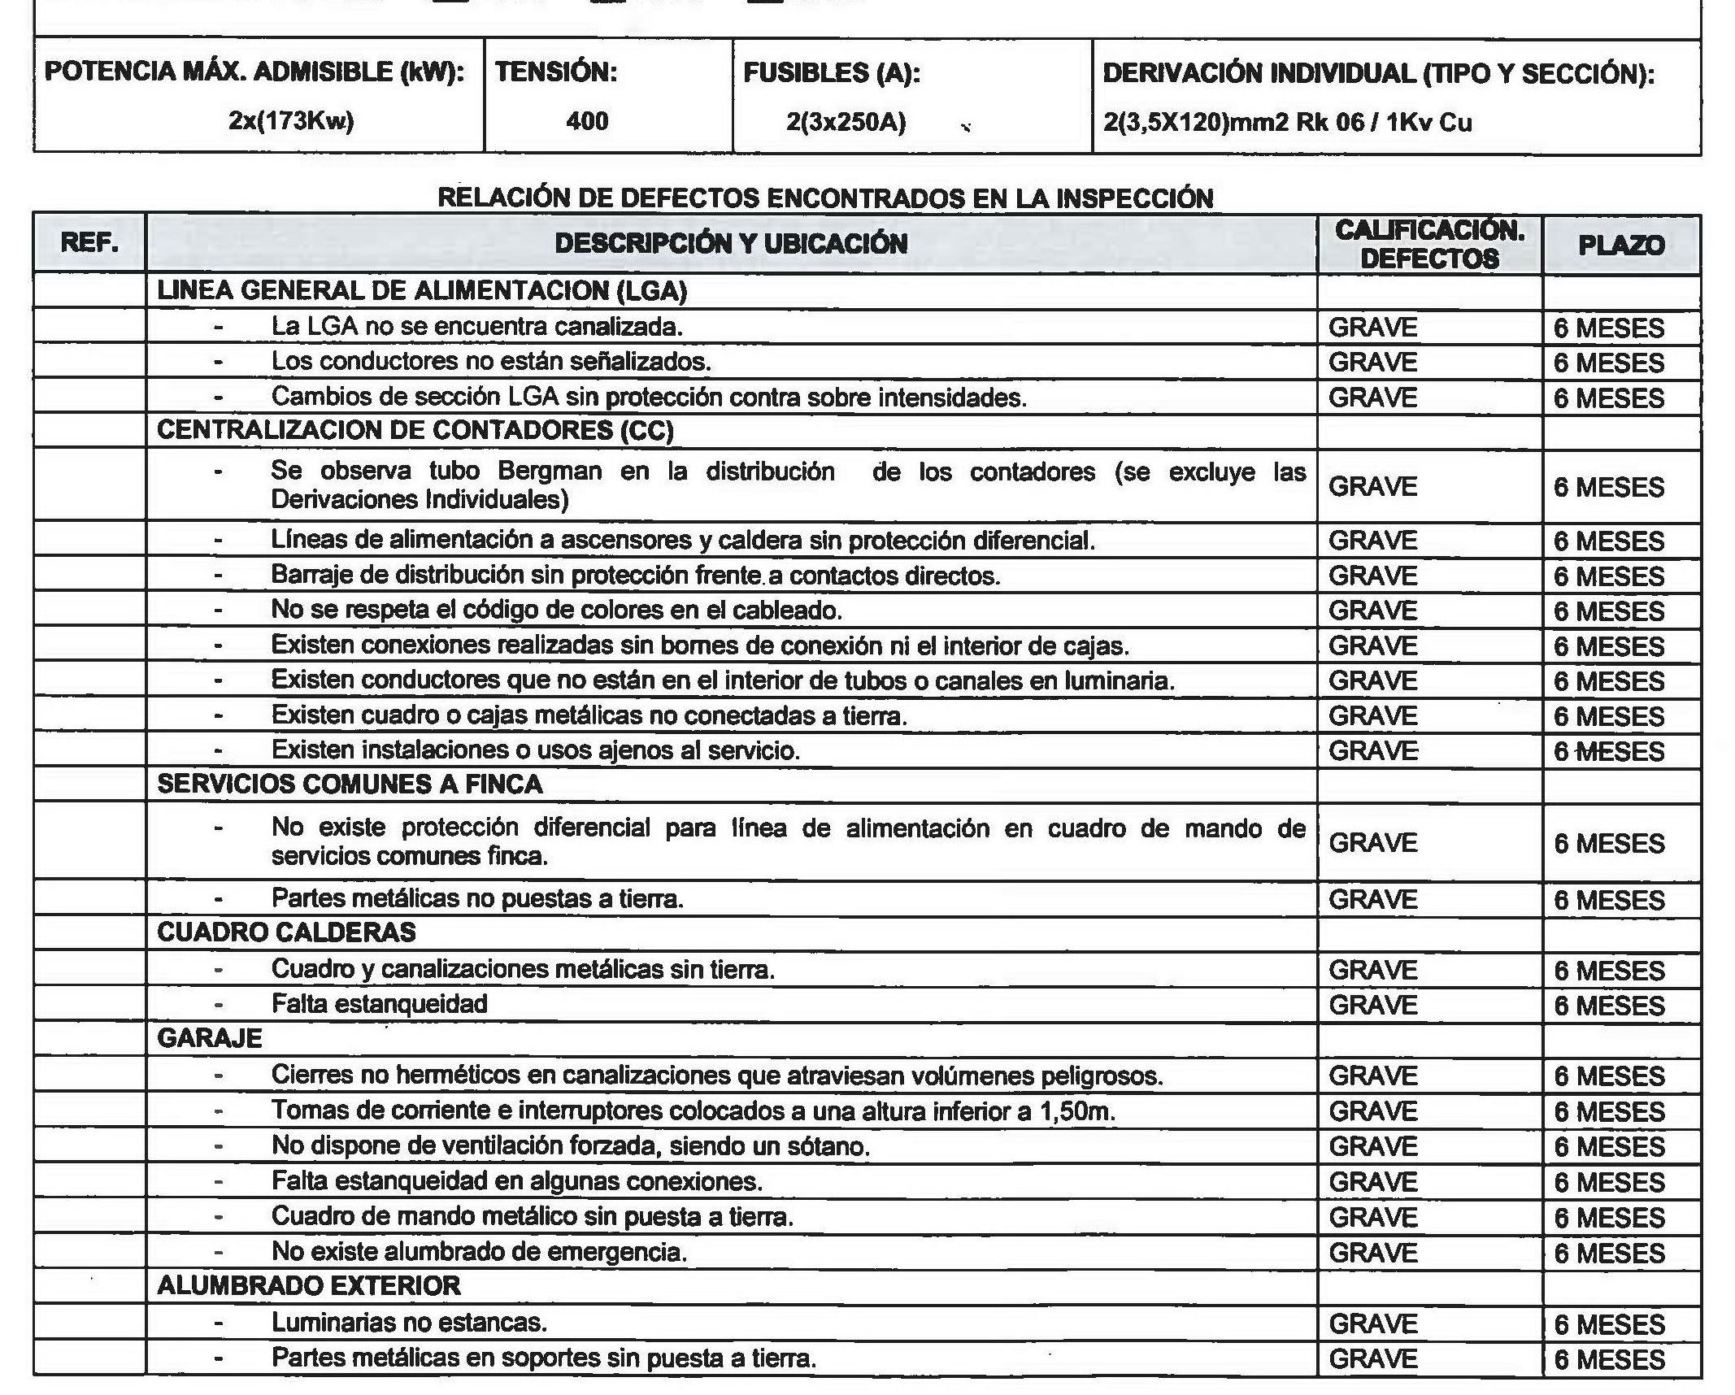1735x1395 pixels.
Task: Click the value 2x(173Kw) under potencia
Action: coord(291,121)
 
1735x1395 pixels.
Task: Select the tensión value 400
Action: coord(586,121)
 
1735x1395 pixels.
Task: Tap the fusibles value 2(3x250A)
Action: coord(846,122)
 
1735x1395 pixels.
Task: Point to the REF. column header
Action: coord(89,242)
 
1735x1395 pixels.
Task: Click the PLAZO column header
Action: coord(1621,245)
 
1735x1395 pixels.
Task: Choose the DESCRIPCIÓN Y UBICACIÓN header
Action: coord(730,243)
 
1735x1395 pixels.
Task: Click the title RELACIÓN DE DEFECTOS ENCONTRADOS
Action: coord(825,198)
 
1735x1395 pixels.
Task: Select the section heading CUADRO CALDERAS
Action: coord(286,932)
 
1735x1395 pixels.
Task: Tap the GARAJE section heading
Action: coord(210,1038)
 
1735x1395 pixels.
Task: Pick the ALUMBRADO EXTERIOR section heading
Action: coord(309,1285)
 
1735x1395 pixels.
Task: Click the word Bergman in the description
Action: coord(550,472)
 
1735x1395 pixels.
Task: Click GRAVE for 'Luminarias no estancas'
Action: coord(1372,1323)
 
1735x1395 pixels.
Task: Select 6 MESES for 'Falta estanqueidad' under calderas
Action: coord(1609,1006)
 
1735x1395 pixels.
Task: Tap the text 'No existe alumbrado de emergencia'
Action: coord(479,1251)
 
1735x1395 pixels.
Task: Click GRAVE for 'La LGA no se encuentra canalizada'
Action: coord(1372,327)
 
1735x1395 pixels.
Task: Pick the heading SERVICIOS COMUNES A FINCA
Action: coord(350,784)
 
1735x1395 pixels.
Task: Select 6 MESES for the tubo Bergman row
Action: coord(1609,487)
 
